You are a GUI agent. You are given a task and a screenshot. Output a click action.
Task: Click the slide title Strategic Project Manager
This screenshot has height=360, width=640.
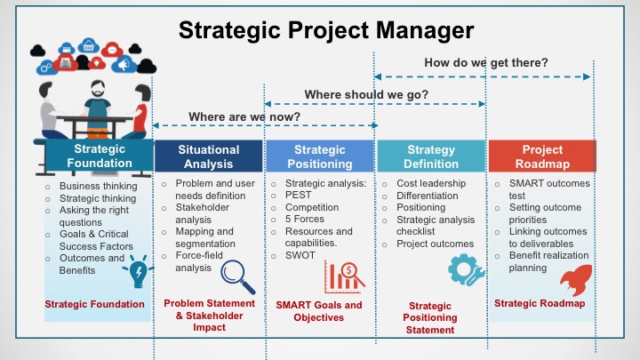(x=326, y=30)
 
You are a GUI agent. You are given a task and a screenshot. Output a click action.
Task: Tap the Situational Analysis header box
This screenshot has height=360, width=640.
(x=209, y=156)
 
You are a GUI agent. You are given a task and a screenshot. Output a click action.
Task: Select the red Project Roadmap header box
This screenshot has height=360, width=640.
(x=542, y=156)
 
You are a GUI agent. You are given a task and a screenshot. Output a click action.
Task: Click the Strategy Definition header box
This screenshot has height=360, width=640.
(x=431, y=156)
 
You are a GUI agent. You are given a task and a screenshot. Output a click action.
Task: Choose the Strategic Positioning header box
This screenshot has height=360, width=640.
(x=320, y=156)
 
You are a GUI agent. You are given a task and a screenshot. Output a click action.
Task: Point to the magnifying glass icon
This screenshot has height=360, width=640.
(x=237, y=277)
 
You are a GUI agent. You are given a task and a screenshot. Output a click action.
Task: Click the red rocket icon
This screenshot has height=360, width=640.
(x=576, y=279)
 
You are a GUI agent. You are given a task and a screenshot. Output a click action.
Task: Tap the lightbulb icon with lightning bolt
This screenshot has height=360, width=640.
(x=138, y=271)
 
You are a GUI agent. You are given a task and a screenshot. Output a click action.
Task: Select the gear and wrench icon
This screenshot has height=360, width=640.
(x=466, y=269)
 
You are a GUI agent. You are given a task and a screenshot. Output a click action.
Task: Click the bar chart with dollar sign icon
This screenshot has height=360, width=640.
(x=345, y=277)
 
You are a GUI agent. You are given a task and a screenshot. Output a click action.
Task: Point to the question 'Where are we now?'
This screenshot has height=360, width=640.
(x=244, y=116)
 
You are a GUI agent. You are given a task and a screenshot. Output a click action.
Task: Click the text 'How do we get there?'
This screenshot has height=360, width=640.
(x=485, y=62)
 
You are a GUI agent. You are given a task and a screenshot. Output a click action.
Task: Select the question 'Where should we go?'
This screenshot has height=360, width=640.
(x=366, y=95)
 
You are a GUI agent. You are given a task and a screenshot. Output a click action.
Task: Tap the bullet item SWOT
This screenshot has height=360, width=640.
(x=300, y=255)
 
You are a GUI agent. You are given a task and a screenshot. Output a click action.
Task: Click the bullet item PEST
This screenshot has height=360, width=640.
(x=298, y=195)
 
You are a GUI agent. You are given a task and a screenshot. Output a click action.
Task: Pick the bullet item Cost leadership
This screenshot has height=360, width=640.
(x=431, y=183)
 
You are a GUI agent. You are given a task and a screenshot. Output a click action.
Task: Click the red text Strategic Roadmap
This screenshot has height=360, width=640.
(x=540, y=303)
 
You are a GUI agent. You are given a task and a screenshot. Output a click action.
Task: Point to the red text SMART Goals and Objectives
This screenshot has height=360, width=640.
(x=319, y=311)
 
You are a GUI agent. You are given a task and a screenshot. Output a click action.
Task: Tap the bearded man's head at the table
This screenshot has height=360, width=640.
(x=98, y=89)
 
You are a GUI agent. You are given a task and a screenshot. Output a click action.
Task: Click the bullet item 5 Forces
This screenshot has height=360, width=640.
(x=305, y=220)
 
